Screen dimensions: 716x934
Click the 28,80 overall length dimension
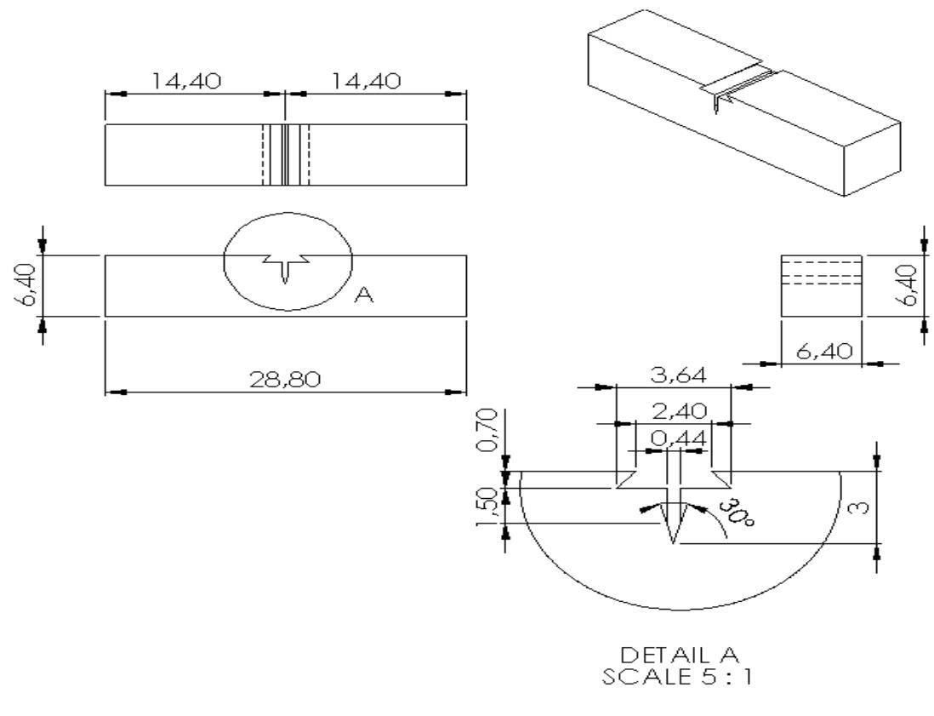(x=285, y=379)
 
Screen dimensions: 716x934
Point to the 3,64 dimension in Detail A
(x=673, y=375)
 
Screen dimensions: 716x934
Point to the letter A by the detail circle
(x=363, y=295)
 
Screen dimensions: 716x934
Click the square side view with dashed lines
(x=821, y=285)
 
